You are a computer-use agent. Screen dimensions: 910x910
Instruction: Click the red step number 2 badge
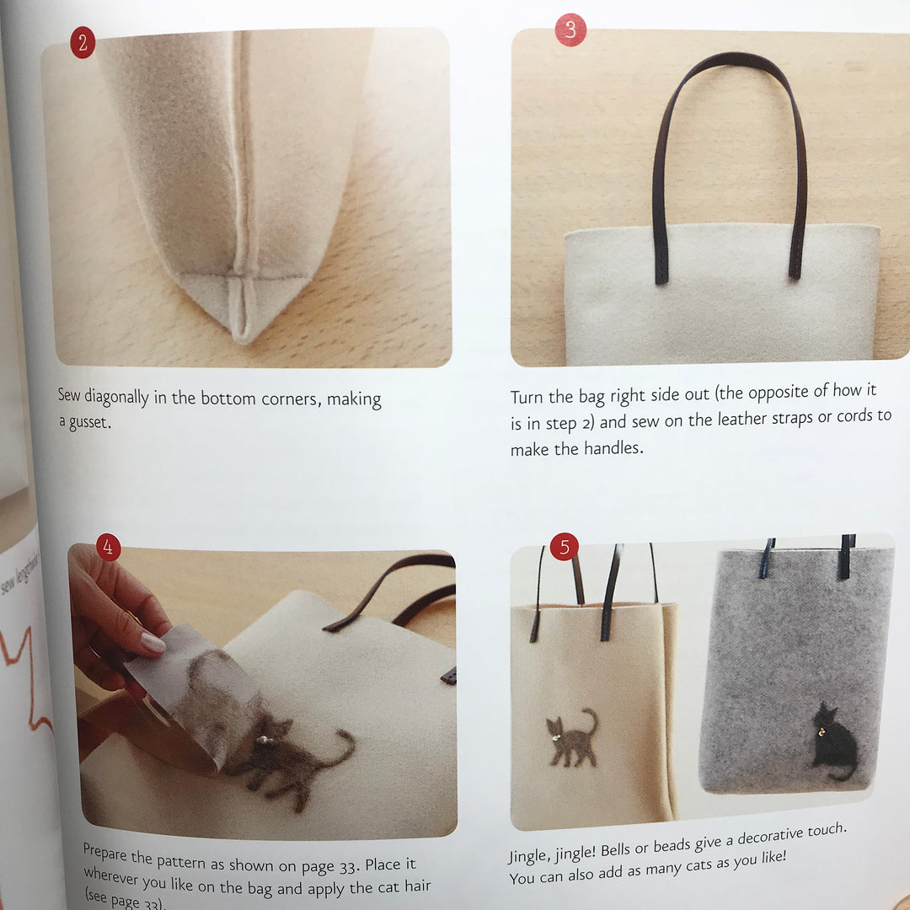point(83,44)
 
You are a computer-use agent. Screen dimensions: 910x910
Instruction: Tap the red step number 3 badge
point(570,31)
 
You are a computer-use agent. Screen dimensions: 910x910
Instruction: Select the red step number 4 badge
point(108,548)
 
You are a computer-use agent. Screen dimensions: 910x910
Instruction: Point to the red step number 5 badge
point(564,547)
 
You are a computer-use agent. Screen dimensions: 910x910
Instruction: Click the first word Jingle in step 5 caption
point(533,857)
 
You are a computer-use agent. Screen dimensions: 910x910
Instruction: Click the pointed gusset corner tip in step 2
point(242,335)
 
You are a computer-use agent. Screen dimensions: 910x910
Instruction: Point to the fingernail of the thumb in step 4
point(153,643)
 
